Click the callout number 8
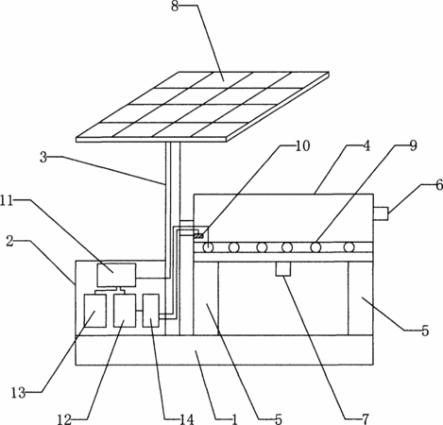click(175, 7)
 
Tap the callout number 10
click(302, 145)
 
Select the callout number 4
click(366, 145)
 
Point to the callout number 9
click(413, 145)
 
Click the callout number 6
click(439, 185)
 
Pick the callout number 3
click(43, 158)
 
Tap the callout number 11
click(7, 200)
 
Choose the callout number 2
click(10, 242)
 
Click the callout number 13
click(18, 393)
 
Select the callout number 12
click(64, 419)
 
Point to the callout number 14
click(187, 419)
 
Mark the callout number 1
click(234, 419)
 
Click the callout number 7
click(365, 419)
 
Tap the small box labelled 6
click(381, 213)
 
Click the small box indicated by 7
click(283, 269)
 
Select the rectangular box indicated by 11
click(116, 275)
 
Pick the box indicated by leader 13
click(94, 311)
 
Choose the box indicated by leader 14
click(151, 311)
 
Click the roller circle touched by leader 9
click(315, 247)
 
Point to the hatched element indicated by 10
click(198, 236)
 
